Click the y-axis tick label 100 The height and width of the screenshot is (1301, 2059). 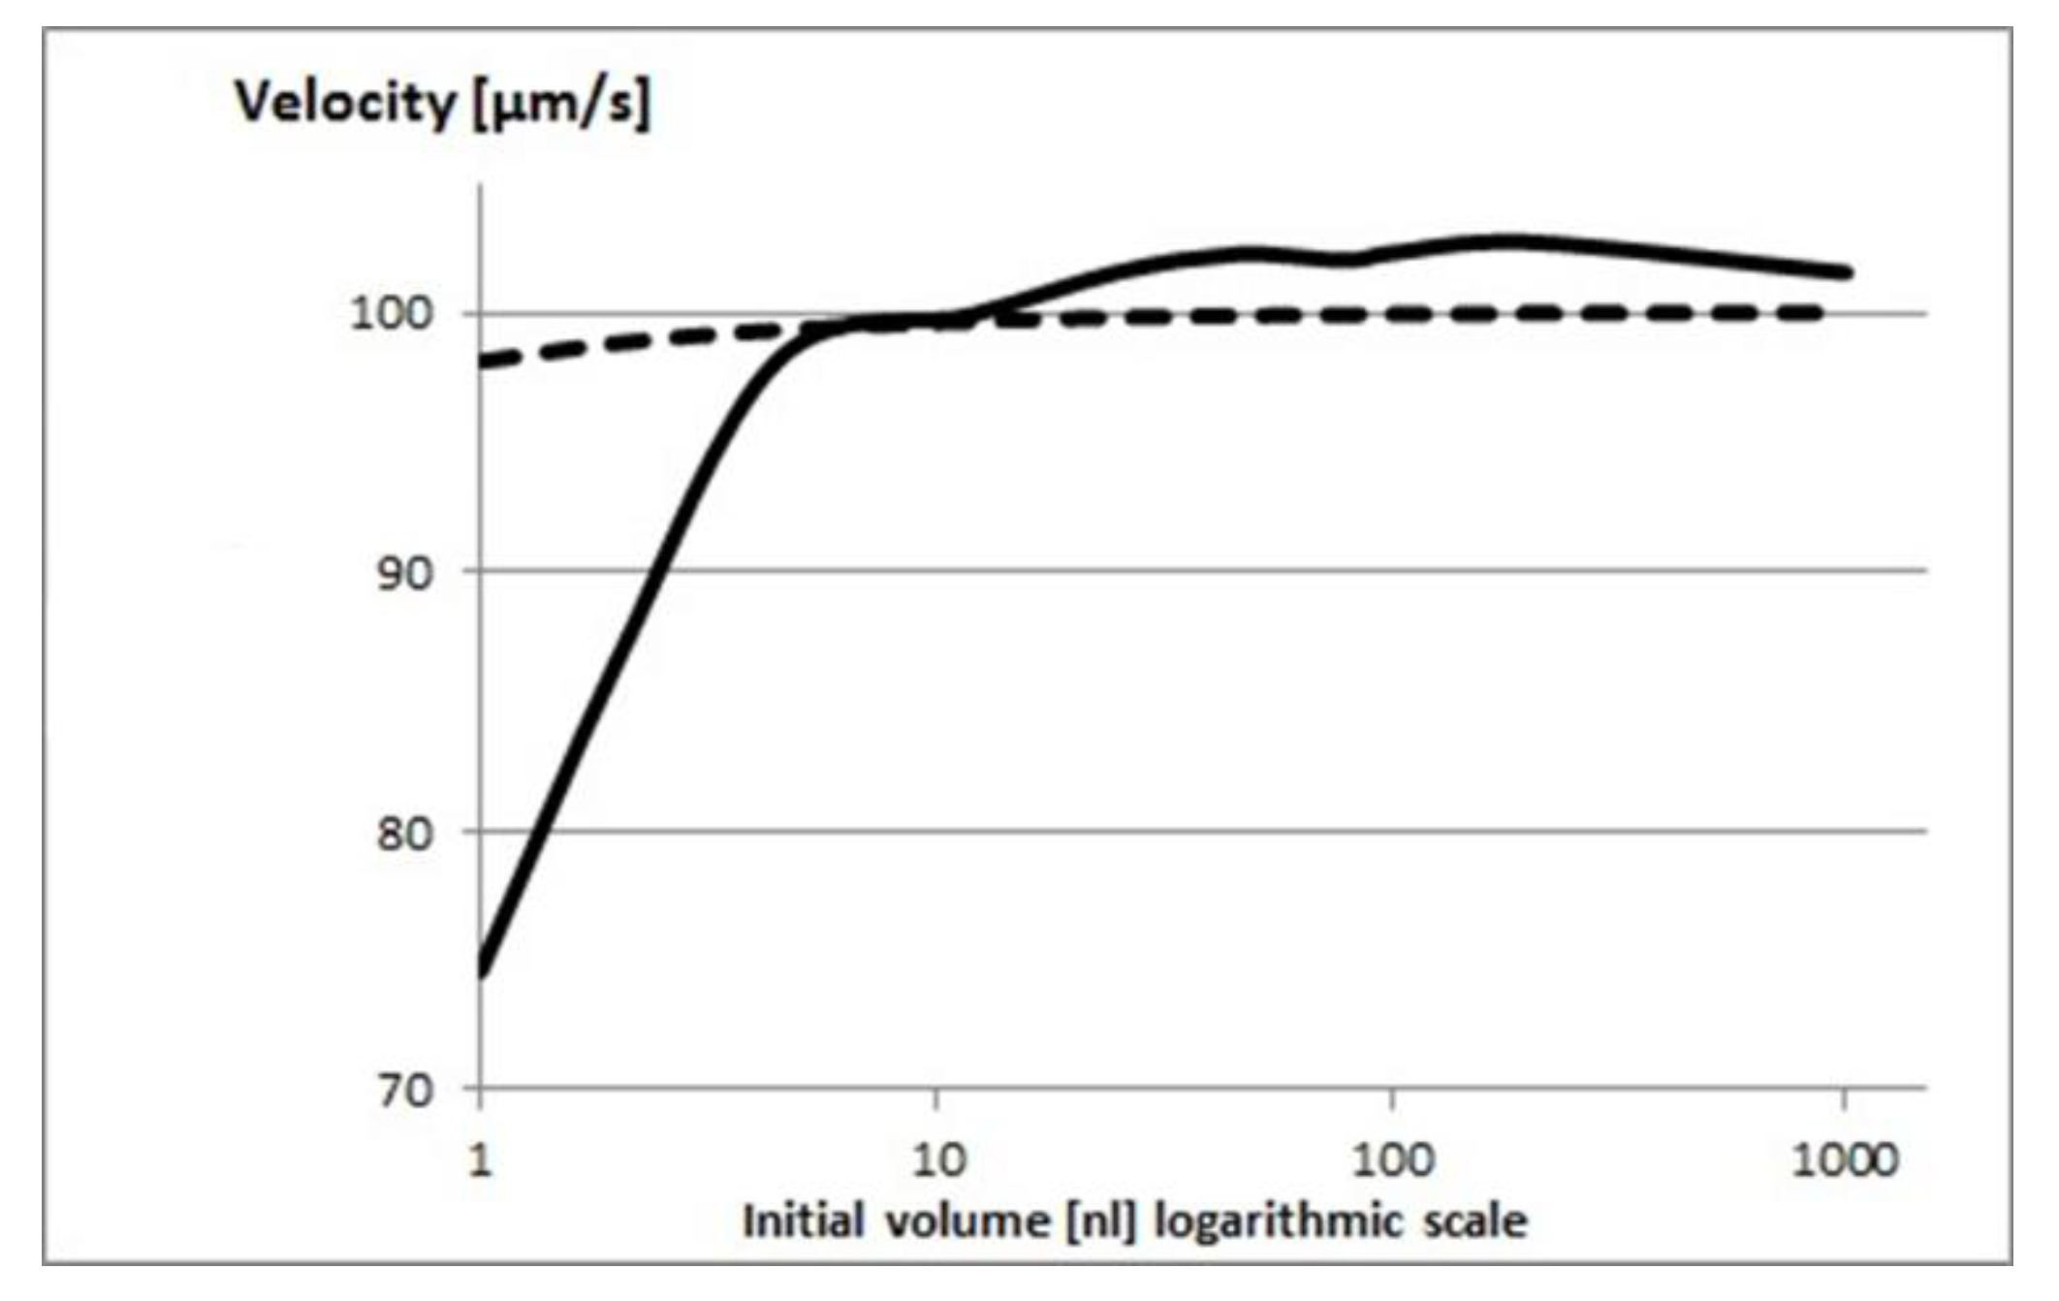coord(390,314)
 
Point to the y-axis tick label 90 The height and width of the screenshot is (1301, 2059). coord(404,574)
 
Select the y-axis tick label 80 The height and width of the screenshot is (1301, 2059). coord(404,833)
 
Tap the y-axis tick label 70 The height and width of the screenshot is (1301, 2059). coord(404,1091)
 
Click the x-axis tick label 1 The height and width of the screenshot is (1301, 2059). coord(480,1159)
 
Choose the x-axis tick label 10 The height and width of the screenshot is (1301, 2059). coord(938,1159)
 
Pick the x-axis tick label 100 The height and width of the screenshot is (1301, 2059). coord(1393,1159)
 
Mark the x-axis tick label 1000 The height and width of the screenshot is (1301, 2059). coord(1845,1159)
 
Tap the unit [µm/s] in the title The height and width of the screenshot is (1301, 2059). coord(562,104)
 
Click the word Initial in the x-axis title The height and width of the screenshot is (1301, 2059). coord(803,1221)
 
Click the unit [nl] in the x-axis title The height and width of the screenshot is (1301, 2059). coord(1101,1222)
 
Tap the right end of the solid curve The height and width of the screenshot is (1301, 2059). coord(1847,272)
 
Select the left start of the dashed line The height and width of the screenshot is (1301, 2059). coord(485,363)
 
